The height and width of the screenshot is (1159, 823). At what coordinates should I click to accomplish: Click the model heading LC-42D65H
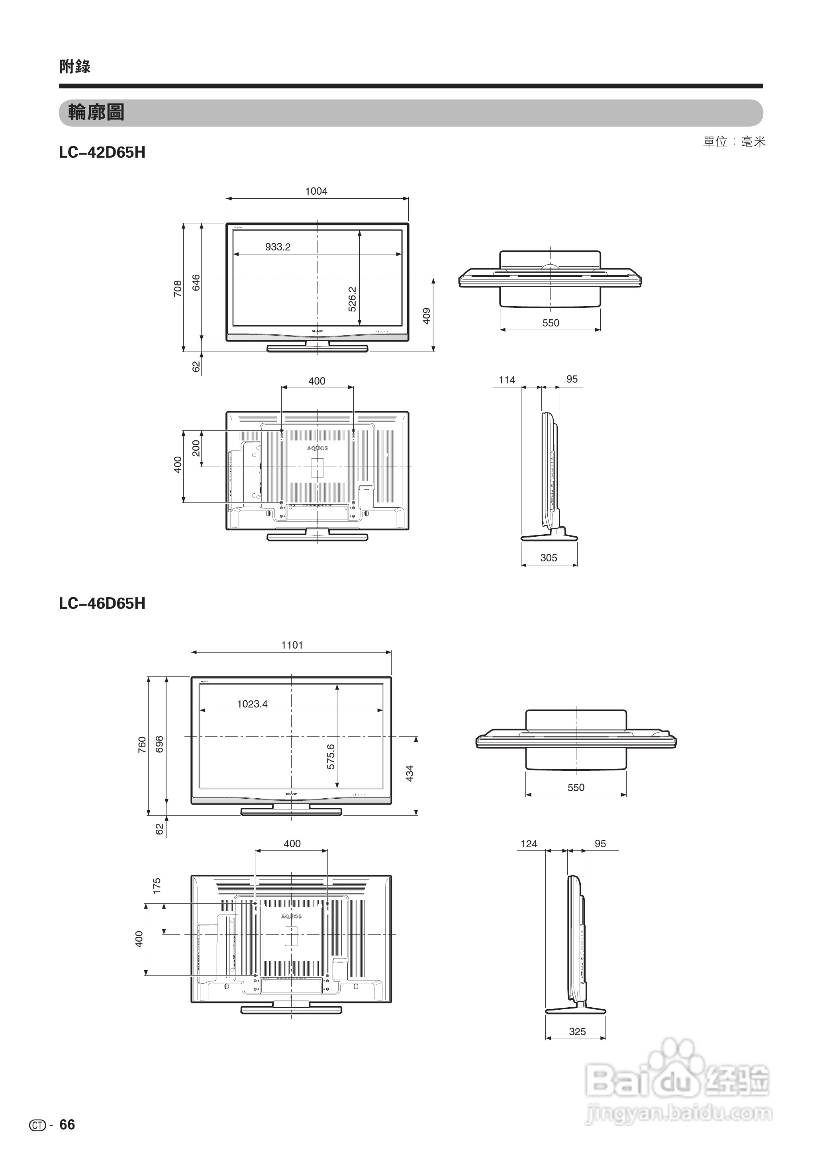tap(102, 152)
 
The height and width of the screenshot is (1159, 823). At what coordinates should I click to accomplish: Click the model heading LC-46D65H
tap(102, 603)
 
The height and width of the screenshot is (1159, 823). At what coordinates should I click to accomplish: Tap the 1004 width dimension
tap(316, 191)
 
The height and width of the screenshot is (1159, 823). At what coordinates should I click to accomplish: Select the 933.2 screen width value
tap(278, 247)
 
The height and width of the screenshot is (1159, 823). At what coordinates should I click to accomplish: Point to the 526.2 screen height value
tap(352, 299)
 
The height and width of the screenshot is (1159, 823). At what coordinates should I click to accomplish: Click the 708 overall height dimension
tap(177, 288)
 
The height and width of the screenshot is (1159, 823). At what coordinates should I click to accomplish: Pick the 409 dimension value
tap(427, 316)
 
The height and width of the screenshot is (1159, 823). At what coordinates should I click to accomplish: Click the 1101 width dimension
tap(292, 645)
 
